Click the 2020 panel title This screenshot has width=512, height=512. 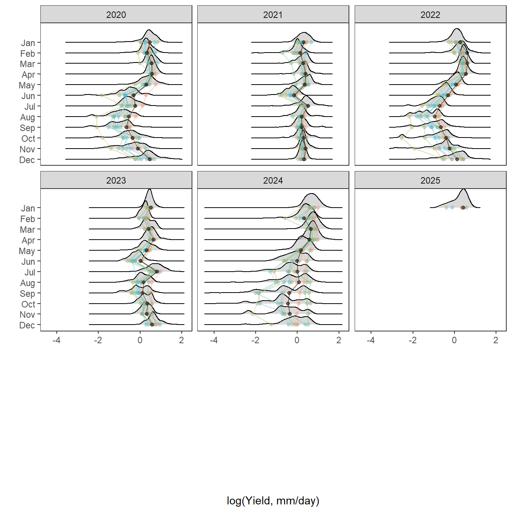pos(116,15)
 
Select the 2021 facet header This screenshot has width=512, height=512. pos(273,15)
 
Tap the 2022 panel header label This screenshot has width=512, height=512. pos(430,15)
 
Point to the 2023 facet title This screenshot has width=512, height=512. pos(116,181)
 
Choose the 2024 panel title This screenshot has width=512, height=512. pos(273,181)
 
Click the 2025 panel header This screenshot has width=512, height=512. pos(430,181)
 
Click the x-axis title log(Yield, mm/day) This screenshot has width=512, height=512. pos(273,501)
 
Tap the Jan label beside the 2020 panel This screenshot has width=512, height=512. pos(28,43)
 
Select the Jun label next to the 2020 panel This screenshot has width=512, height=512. pos(28,96)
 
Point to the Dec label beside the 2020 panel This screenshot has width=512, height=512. pos(27,160)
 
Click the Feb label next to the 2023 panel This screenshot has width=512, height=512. pos(27,219)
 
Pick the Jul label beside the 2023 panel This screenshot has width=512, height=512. pos(30,272)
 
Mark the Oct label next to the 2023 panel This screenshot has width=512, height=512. pos(28,304)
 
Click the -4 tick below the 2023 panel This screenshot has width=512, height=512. pos(56,340)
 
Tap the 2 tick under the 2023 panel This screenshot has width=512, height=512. pos(181,340)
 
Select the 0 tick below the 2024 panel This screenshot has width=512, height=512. pos(297,340)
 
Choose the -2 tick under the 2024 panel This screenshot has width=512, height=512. pos(255,340)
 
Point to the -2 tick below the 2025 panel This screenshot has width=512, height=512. pos(413,340)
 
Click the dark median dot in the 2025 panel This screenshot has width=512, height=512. pos(463,208)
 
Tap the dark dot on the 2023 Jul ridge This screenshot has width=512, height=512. pos(157,272)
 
